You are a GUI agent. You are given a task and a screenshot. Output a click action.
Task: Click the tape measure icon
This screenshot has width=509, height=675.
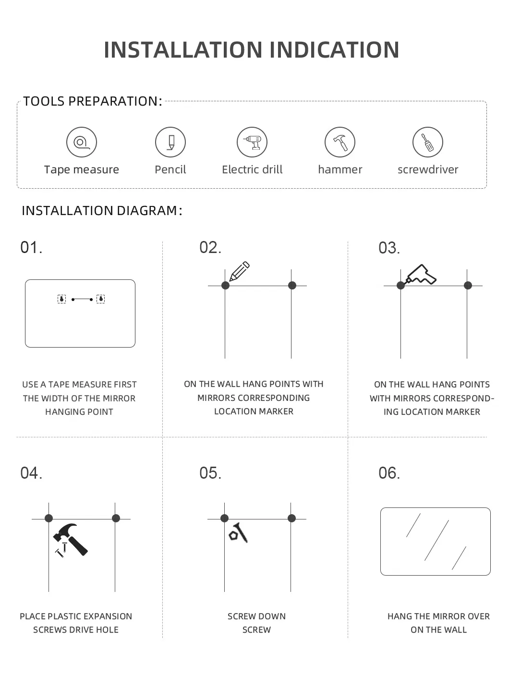82,142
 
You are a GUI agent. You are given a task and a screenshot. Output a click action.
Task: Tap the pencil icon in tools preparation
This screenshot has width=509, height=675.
170,142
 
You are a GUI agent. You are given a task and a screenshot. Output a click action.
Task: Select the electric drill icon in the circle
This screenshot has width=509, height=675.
252,142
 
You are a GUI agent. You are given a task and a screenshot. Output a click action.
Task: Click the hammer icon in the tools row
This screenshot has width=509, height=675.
340,142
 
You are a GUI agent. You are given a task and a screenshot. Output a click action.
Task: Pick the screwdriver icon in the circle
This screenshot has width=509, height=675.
428,142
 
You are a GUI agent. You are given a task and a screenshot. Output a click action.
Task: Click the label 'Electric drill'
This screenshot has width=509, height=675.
252,169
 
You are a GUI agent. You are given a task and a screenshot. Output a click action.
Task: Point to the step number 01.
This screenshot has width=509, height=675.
31,248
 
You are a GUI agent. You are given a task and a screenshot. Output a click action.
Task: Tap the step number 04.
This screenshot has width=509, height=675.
31,473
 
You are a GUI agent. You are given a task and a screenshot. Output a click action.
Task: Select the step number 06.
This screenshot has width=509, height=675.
389,473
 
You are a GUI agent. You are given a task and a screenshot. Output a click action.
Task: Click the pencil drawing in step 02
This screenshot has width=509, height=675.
239,271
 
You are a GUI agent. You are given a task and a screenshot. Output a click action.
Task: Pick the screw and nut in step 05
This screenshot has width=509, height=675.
238,533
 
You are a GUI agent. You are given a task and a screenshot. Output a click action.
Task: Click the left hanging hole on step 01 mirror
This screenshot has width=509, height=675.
61,299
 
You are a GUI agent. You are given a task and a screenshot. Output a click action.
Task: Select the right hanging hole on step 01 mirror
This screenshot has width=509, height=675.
100,299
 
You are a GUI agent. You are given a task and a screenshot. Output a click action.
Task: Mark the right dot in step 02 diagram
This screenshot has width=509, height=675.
292,286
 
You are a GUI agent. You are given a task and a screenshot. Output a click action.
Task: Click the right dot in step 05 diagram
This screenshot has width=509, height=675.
291,518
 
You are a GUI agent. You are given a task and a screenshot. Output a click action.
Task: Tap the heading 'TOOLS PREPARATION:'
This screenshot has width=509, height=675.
92,101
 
